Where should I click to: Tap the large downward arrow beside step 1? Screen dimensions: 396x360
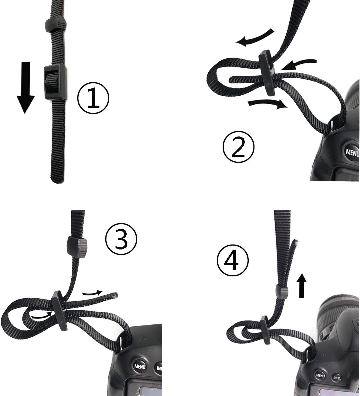[x=25, y=87]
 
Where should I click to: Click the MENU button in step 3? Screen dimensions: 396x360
[x=139, y=366]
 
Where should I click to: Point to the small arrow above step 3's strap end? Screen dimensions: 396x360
[x=92, y=293]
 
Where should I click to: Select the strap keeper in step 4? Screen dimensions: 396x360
[x=282, y=291]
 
